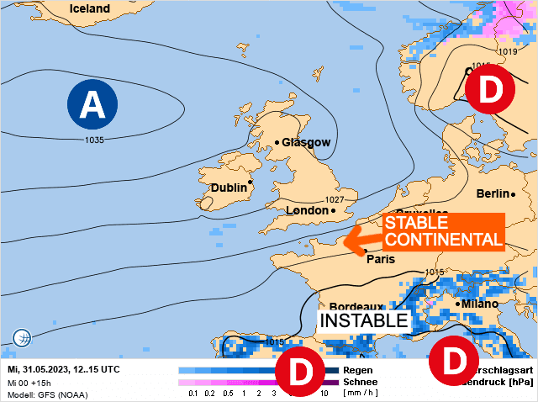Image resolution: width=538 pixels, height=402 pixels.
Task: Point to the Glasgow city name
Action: click(x=306, y=142)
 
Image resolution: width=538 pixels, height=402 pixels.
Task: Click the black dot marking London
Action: click(x=333, y=210)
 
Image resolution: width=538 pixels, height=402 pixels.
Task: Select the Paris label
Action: click(x=381, y=259)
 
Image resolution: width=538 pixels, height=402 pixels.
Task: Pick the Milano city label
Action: click(x=479, y=304)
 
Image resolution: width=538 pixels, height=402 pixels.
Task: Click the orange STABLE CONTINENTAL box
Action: click(x=443, y=231)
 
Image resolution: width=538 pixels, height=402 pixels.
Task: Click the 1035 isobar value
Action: click(x=94, y=140)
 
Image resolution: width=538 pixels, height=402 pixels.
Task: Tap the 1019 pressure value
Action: click(x=507, y=52)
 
